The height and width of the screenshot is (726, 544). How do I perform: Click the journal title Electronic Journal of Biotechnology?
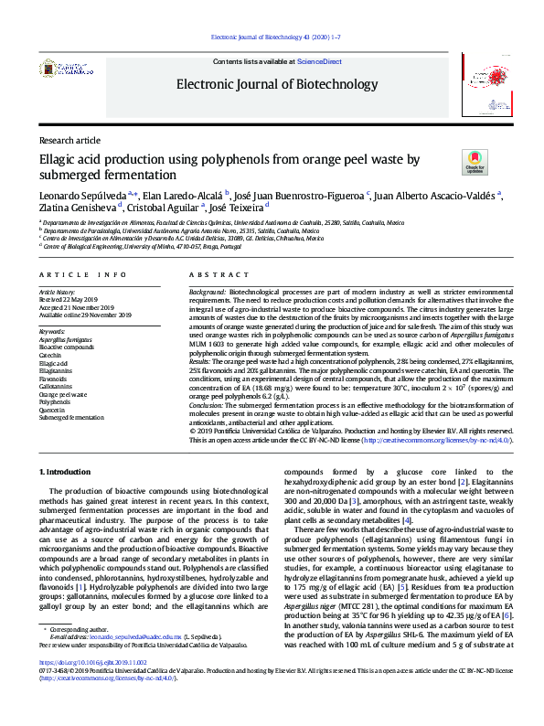[x=272, y=84]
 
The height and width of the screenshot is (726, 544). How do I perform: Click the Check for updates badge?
[x=475, y=163]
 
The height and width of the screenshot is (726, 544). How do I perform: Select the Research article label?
[x=69, y=140]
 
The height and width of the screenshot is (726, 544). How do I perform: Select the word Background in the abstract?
[x=208, y=290]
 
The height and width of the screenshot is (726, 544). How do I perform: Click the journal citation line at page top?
[x=276, y=37]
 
